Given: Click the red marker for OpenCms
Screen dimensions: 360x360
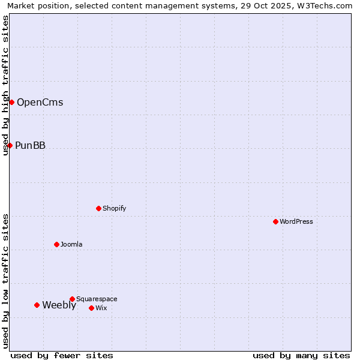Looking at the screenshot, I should point(11,102).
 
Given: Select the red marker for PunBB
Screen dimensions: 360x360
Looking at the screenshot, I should point(10,145).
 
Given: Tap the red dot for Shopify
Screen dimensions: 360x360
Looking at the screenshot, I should point(98,208).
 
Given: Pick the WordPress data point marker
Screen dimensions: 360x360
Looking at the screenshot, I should point(275,221).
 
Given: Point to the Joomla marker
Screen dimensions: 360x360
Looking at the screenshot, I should point(56,244).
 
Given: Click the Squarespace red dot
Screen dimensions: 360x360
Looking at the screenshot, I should point(72,299).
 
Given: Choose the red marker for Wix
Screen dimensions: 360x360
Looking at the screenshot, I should point(91,308).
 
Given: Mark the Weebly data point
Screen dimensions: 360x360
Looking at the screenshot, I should point(37,305).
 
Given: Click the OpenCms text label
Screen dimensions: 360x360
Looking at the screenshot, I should point(40,102).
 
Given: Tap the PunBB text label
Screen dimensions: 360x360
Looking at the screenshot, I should point(30,145).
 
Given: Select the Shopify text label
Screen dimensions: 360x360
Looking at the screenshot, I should point(114,208).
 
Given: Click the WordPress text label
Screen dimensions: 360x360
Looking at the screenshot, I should point(296,221).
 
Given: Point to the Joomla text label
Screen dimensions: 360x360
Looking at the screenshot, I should point(71,244).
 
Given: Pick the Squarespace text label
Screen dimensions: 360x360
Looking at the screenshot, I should point(97,299).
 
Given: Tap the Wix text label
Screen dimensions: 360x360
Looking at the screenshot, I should point(101,308).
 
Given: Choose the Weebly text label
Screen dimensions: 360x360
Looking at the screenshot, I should point(59,305).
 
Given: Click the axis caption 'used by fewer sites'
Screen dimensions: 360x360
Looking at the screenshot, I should point(62,355).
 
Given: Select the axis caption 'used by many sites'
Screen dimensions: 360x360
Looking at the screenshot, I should point(301,355).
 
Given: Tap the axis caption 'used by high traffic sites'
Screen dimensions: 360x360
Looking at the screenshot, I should point(5,85).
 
